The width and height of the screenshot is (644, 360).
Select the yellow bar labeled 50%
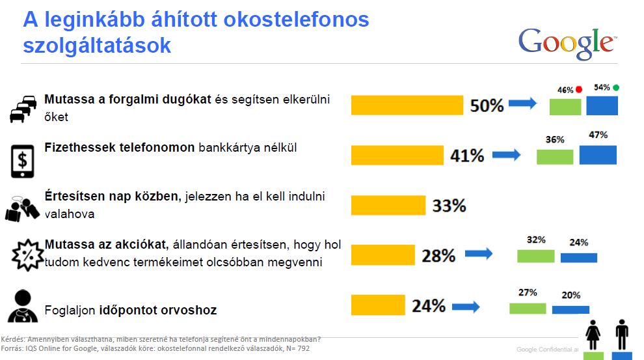(x=407, y=105)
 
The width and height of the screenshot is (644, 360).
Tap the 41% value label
(x=467, y=156)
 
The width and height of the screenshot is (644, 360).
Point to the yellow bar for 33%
(x=388, y=205)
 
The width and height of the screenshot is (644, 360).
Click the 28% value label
(x=438, y=255)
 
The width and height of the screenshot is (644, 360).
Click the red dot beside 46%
(x=578, y=89)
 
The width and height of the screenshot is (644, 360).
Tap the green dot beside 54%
(x=615, y=87)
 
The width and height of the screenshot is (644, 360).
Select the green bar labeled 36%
(x=555, y=156)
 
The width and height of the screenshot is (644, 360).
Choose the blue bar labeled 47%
(x=598, y=155)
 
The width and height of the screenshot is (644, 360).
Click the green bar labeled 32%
(x=535, y=255)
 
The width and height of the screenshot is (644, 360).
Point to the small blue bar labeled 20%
(x=570, y=309)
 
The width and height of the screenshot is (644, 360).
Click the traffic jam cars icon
(x=23, y=109)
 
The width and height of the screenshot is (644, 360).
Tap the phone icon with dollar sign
(x=23, y=161)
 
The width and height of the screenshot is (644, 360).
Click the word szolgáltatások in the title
(x=97, y=46)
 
